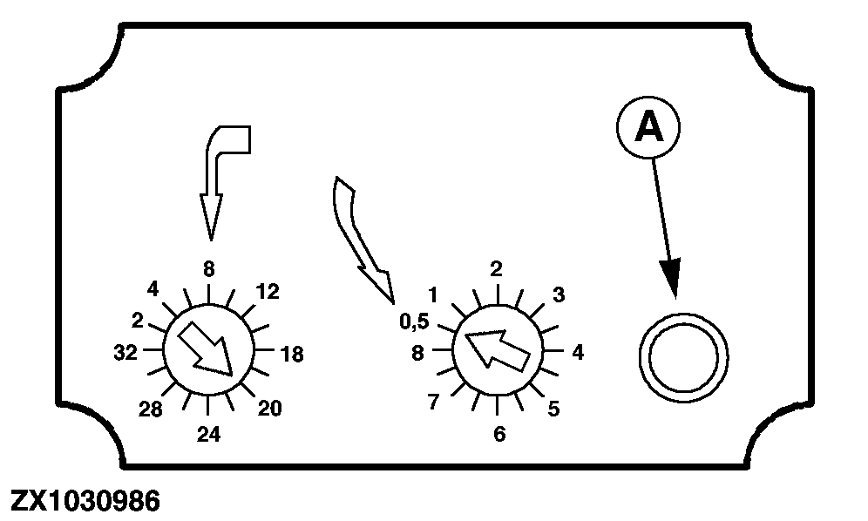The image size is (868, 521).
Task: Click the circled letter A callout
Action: [x=648, y=127]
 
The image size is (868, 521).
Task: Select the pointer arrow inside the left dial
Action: [x=205, y=348]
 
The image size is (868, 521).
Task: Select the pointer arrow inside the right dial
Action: [x=496, y=349]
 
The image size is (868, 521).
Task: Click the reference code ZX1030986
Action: [x=85, y=501]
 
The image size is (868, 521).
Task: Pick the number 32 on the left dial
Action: [x=125, y=352]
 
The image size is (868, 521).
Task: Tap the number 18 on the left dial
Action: [x=292, y=354]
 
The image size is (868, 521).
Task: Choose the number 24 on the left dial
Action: [x=208, y=435]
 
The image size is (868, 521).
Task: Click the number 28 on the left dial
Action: [x=150, y=409]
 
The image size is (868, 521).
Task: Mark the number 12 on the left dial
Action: [x=268, y=291]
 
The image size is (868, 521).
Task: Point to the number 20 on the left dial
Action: [x=270, y=408]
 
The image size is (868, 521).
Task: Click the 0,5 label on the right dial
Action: [x=414, y=321]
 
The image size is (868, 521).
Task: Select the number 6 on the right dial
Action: [x=499, y=434]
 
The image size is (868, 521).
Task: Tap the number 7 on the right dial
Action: [x=433, y=402]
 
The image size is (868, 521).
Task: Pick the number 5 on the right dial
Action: [x=553, y=409]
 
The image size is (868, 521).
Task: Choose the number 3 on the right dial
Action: [x=559, y=294]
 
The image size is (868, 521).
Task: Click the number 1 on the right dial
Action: [x=433, y=295]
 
